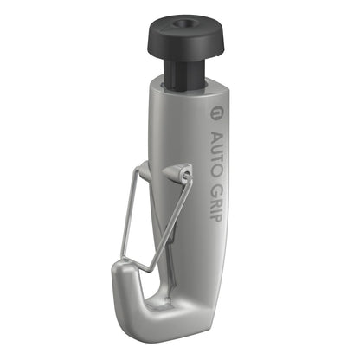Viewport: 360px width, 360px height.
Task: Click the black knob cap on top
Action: point(185,34)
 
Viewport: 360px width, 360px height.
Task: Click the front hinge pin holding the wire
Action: point(185,175)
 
